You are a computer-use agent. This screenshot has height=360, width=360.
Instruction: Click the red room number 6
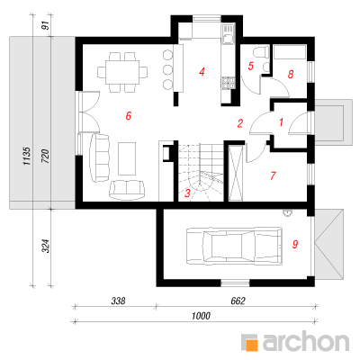pyautogui.click(x=129, y=115)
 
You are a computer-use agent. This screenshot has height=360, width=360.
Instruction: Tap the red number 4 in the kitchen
pyautogui.click(x=202, y=72)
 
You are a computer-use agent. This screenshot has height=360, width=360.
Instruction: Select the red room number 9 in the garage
pyautogui.click(x=295, y=244)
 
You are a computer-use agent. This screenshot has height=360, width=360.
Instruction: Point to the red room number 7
pyautogui.click(x=273, y=175)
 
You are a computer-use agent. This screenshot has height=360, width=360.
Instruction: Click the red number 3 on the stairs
pyautogui.click(x=187, y=193)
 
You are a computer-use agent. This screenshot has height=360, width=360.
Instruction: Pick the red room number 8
pyautogui.click(x=291, y=74)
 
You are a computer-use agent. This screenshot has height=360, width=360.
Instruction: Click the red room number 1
pyautogui.click(x=281, y=122)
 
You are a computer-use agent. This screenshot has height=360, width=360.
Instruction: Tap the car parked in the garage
pyautogui.click(x=234, y=247)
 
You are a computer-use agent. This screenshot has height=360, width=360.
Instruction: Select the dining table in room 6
pyautogui.click(x=122, y=72)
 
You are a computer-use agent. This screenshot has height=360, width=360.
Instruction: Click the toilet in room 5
pyautogui.click(x=261, y=51)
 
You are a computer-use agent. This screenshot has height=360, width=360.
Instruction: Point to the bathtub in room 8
pyautogui.click(x=290, y=52)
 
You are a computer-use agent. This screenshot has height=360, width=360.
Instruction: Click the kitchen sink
pyautogui.click(x=227, y=34)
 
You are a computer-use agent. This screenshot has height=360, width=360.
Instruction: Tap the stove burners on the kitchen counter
pyautogui.click(x=228, y=83)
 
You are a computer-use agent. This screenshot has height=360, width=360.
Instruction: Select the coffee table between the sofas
pyautogui.click(x=127, y=157)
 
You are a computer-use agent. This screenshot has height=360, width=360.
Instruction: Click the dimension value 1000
pyautogui.click(x=201, y=316)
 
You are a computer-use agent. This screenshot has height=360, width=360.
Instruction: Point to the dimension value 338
pyautogui.click(x=118, y=301)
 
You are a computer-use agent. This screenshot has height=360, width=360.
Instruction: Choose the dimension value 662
pyautogui.click(x=238, y=301)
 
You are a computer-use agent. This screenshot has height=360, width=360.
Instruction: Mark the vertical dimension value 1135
pyautogui.click(x=26, y=156)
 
